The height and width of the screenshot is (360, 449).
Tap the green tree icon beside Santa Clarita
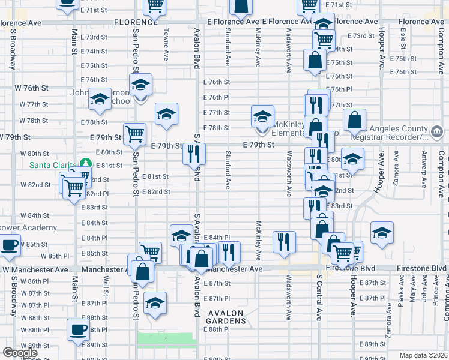tap(86, 164)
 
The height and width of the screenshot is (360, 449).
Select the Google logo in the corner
tap(20, 353)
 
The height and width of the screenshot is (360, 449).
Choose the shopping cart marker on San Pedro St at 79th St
tap(134, 134)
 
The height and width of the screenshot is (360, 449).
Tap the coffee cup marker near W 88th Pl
tap(79, 329)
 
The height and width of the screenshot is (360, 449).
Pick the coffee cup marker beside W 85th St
tap(9, 245)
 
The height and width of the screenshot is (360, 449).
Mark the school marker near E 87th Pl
tap(155, 302)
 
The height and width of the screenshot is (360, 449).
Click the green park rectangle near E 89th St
tap(167, 340)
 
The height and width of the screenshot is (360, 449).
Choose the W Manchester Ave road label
tap(35, 270)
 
